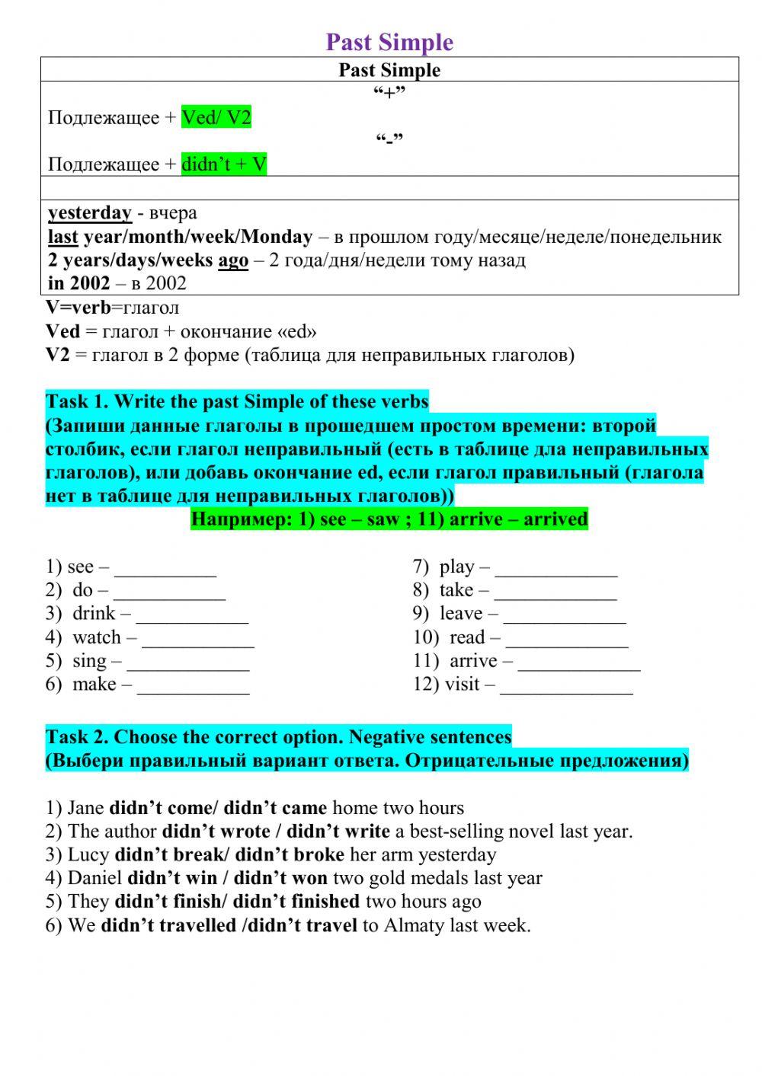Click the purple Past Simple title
click(x=389, y=42)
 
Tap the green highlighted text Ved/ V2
click(x=216, y=117)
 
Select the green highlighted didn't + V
click(x=224, y=164)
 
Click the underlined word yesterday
click(x=90, y=212)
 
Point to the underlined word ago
click(x=233, y=260)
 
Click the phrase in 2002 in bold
click(x=78, y=283)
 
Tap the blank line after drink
click(x=192, y=615)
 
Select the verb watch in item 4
click(x=97, y=637)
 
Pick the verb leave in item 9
click(x=461, y=614)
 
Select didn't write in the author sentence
click(x=338, y=832)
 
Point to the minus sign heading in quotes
click(x=389, y=140)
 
